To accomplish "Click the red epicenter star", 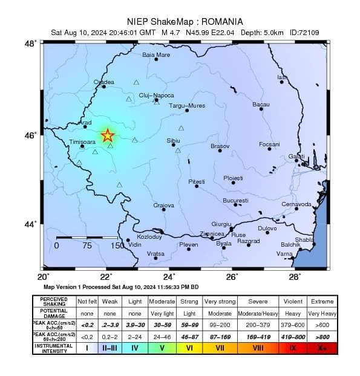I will pos(107,135).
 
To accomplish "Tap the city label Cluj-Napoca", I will pos(156,96).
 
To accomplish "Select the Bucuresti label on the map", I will pos(235,200).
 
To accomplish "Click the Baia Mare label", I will pos(156,55).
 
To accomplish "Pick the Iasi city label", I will pos(282,77).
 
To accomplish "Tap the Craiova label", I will pos(163,206).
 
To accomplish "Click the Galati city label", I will pos(296,157).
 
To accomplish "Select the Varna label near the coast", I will pos(284,253).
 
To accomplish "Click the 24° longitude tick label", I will pos(170,276).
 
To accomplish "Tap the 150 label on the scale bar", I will pos(117,246).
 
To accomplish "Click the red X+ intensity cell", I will pos(322,348).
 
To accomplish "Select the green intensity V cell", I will pos(162,348).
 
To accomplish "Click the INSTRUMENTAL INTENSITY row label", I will pos(54,348).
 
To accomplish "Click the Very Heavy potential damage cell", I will pos(322,313).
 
